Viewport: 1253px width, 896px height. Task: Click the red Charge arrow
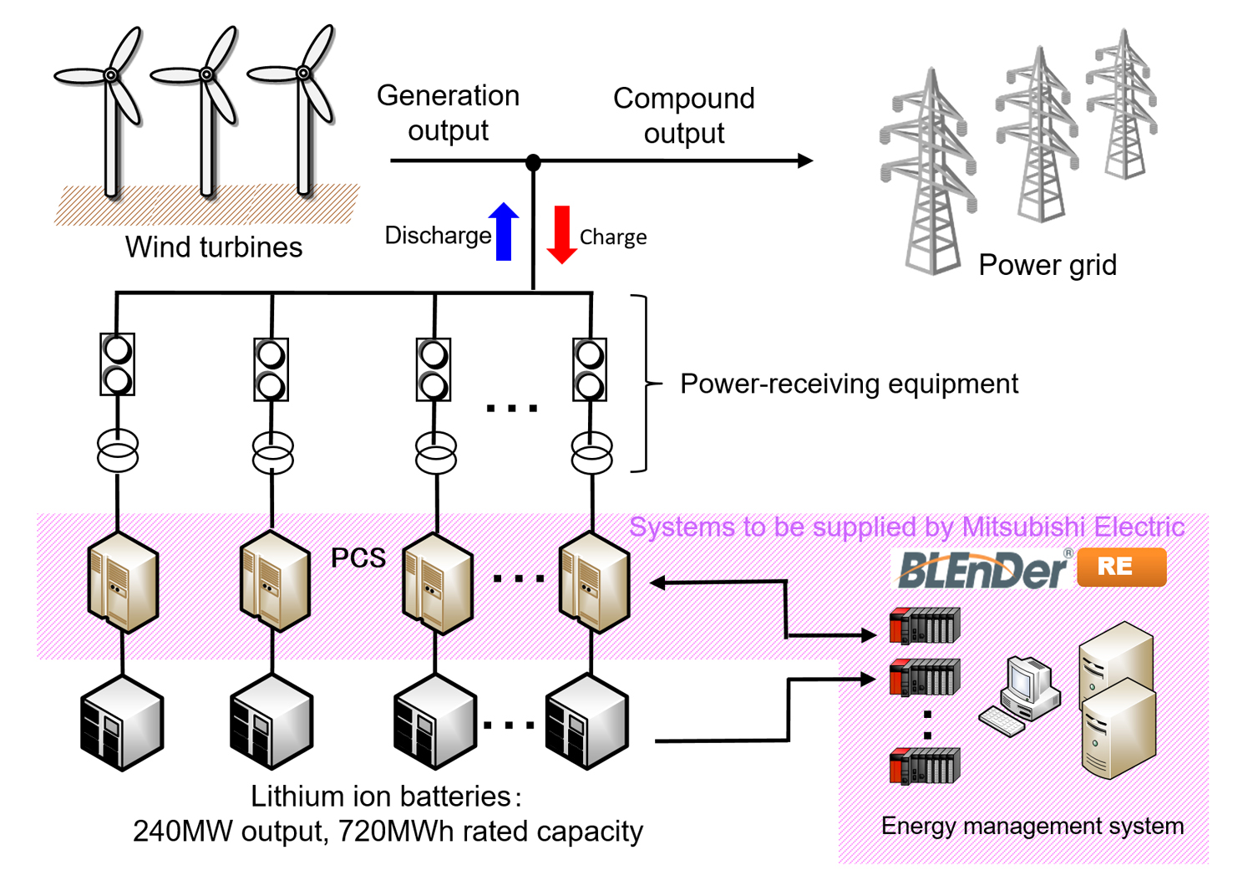click(562, 234)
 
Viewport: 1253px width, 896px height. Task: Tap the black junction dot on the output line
click(533, 161)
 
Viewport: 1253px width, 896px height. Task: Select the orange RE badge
click(1121, 567)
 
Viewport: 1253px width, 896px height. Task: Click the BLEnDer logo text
click(982, 569)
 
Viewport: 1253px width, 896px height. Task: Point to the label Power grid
click(1047, 265)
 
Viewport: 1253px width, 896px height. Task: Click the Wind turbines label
click(214, 247)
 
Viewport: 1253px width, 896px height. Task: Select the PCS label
click(358, 557)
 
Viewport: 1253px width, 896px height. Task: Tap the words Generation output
click(448, 113)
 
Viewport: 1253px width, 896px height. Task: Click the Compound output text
click(683, 115)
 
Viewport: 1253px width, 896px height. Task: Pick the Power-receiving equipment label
click(849, 384)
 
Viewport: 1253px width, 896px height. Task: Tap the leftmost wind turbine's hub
click(110, 75)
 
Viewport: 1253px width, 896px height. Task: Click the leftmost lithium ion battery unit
click(122, 724)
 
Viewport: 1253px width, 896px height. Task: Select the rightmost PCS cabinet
click(594, 582)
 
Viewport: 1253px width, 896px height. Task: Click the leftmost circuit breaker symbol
click(117, 364)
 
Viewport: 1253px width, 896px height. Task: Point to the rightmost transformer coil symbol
click(591, 452)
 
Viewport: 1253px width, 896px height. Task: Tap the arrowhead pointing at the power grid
click(804, 160)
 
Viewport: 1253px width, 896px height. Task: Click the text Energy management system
click(1032, 826)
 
